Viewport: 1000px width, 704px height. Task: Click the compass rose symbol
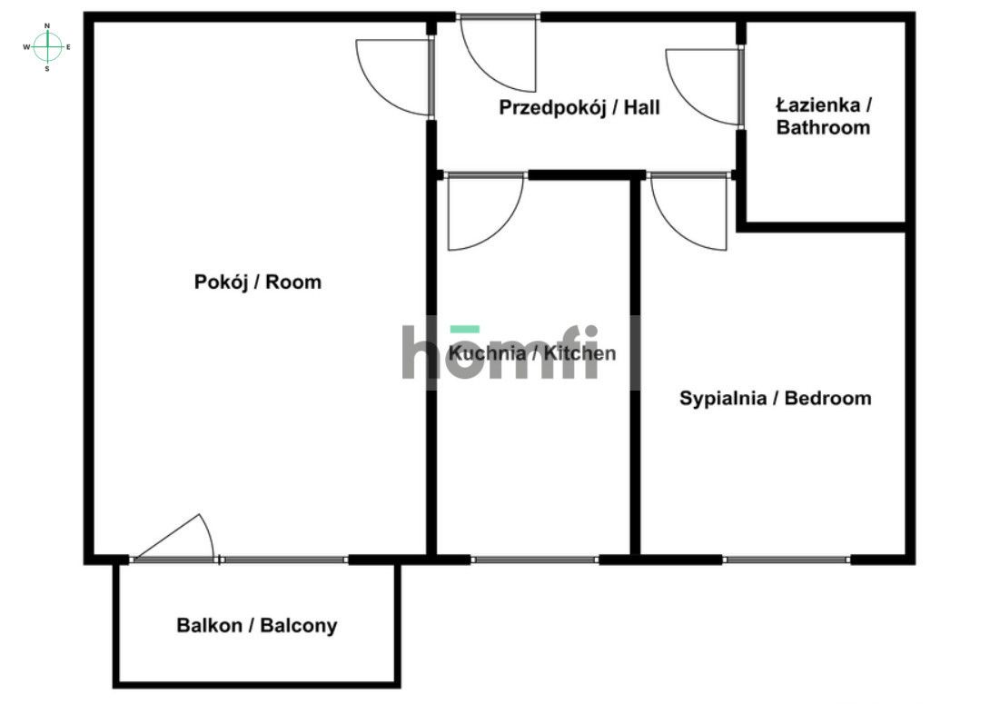(47, 46)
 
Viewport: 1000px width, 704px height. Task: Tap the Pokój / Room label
(258, 283)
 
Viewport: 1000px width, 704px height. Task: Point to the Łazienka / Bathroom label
(824, 115)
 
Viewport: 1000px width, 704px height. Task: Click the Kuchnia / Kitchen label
(532, 353)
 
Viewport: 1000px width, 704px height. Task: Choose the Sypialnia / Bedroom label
(776, 399)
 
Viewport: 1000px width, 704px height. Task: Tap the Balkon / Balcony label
(257, 626)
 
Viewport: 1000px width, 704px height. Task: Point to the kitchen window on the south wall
(535, 560)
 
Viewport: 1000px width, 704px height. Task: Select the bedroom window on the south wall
(787, 560)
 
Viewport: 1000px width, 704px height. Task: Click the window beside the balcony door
(284, 560)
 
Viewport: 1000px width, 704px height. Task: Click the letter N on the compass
(47, 26)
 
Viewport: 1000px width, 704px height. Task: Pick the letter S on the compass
(47, 68)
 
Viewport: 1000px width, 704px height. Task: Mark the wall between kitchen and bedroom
(635, 363)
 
